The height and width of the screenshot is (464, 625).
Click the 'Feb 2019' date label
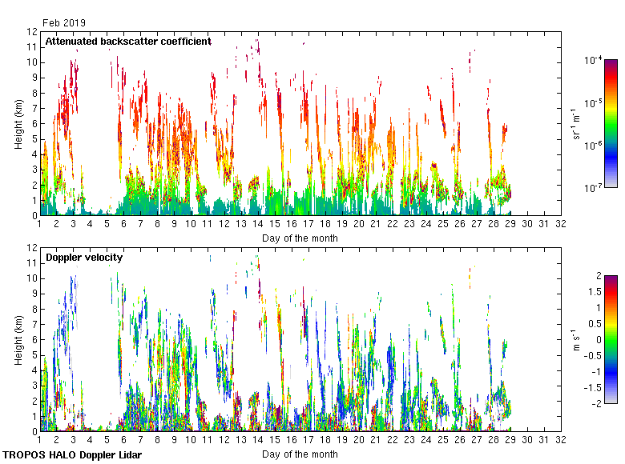tap(64, 23)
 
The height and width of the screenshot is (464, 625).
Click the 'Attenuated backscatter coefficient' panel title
tap(128, 41)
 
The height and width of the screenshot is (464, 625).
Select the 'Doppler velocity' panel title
tap(84, 257)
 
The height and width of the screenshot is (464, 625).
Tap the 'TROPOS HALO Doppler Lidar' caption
tap(72, 454)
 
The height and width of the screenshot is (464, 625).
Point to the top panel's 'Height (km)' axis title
tap(19, 123)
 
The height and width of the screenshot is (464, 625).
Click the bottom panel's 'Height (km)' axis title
tap(19, 339)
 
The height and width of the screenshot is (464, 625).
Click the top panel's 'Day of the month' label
tap(300, 238)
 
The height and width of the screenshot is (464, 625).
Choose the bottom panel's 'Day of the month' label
tap(300, 454)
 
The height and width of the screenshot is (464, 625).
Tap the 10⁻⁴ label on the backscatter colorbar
tap(594, 60)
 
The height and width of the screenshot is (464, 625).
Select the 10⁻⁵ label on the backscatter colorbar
tap(594, 102)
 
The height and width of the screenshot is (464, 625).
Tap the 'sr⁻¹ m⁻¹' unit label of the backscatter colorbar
tap(578, 123)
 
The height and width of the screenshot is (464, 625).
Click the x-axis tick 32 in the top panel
tap(561, 225)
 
